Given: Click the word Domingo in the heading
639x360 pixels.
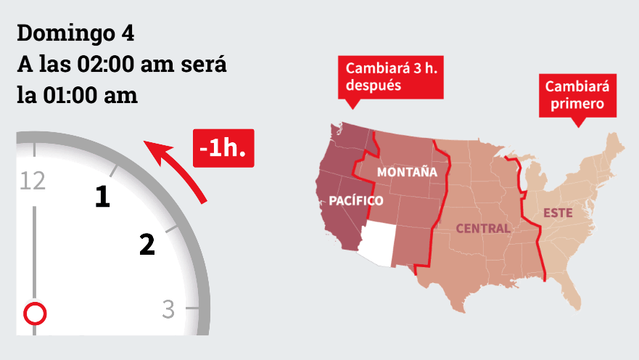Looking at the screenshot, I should pyautogui.click(x=64, y=34).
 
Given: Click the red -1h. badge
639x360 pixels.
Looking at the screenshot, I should pyautogui.click(x=223, y=148).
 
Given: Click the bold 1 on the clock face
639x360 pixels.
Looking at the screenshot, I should pyautogui.click(x=103, y=197).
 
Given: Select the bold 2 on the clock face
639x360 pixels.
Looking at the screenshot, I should pyautogui.click(x=147, y=245).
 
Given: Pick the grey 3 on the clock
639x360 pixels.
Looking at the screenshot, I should pyautogui.click(x=168, y=309).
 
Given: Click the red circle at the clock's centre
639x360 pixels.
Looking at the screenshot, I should pyautogui.click(x=35, y=314).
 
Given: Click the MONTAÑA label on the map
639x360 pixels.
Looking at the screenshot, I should pyautogui.click(x=407, y=172).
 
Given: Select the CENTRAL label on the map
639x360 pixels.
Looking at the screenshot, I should pyautogui.click(x=482, y=229).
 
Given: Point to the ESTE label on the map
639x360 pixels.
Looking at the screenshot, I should pyautogui.click(x=558, y=213).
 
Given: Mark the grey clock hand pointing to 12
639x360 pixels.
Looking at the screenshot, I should pyautogui.click(x=33, y=254).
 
